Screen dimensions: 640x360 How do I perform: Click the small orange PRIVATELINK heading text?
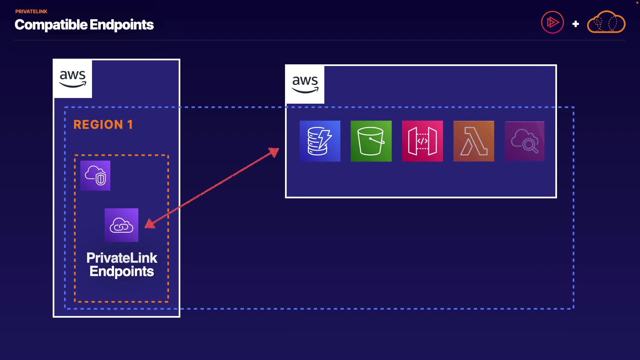[31, 12]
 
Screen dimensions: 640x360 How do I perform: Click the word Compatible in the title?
[51, 25]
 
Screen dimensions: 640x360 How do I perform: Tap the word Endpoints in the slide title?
[122, 25]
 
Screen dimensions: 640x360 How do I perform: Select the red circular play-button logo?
[552, 22]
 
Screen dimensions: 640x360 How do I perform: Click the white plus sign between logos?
[575, 24]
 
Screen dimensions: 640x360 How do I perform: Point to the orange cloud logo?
[606, 22]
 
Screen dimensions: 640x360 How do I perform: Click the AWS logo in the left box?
[73, 79]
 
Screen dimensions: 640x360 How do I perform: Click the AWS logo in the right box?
[305, 85]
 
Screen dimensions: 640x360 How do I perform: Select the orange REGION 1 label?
[103, 125]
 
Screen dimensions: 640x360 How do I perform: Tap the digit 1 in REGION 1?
[130, 125]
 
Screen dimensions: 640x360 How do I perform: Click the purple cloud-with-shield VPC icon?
[95, 176]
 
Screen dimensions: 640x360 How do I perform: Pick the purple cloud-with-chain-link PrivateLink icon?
[121, 225]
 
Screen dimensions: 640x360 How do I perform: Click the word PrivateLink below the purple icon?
[122, 258]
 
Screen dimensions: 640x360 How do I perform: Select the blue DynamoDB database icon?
[320, 141]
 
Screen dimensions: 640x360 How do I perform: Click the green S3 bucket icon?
[371, 141]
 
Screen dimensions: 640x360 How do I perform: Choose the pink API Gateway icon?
[422, 141]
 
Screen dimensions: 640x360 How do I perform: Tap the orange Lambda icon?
[474, 141]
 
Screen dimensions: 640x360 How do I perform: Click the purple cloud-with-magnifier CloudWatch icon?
[525, 141]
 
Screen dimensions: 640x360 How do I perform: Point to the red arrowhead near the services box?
[274, 152]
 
